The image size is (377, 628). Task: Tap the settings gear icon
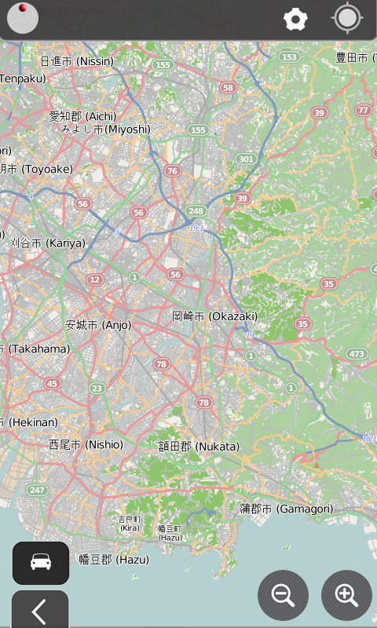[295, 20]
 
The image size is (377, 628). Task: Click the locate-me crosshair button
[347, 19]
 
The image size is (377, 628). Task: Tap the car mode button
[41, 562]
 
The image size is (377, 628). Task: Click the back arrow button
[39, 610]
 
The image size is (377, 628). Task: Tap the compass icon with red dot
[23, 19]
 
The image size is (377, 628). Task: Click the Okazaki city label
[214, 316]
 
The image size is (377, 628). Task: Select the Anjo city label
[98, 324]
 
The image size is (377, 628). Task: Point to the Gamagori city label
[286, 509]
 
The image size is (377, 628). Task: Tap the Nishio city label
[86, 444]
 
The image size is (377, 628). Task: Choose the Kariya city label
[47, 243]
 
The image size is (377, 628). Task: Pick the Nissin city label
[76, 60]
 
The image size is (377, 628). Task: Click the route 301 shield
[246, 159]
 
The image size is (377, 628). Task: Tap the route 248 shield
[195, 210]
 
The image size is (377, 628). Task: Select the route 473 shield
[357, 354]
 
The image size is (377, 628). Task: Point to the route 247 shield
[36, 490]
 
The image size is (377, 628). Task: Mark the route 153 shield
[290, 57]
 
